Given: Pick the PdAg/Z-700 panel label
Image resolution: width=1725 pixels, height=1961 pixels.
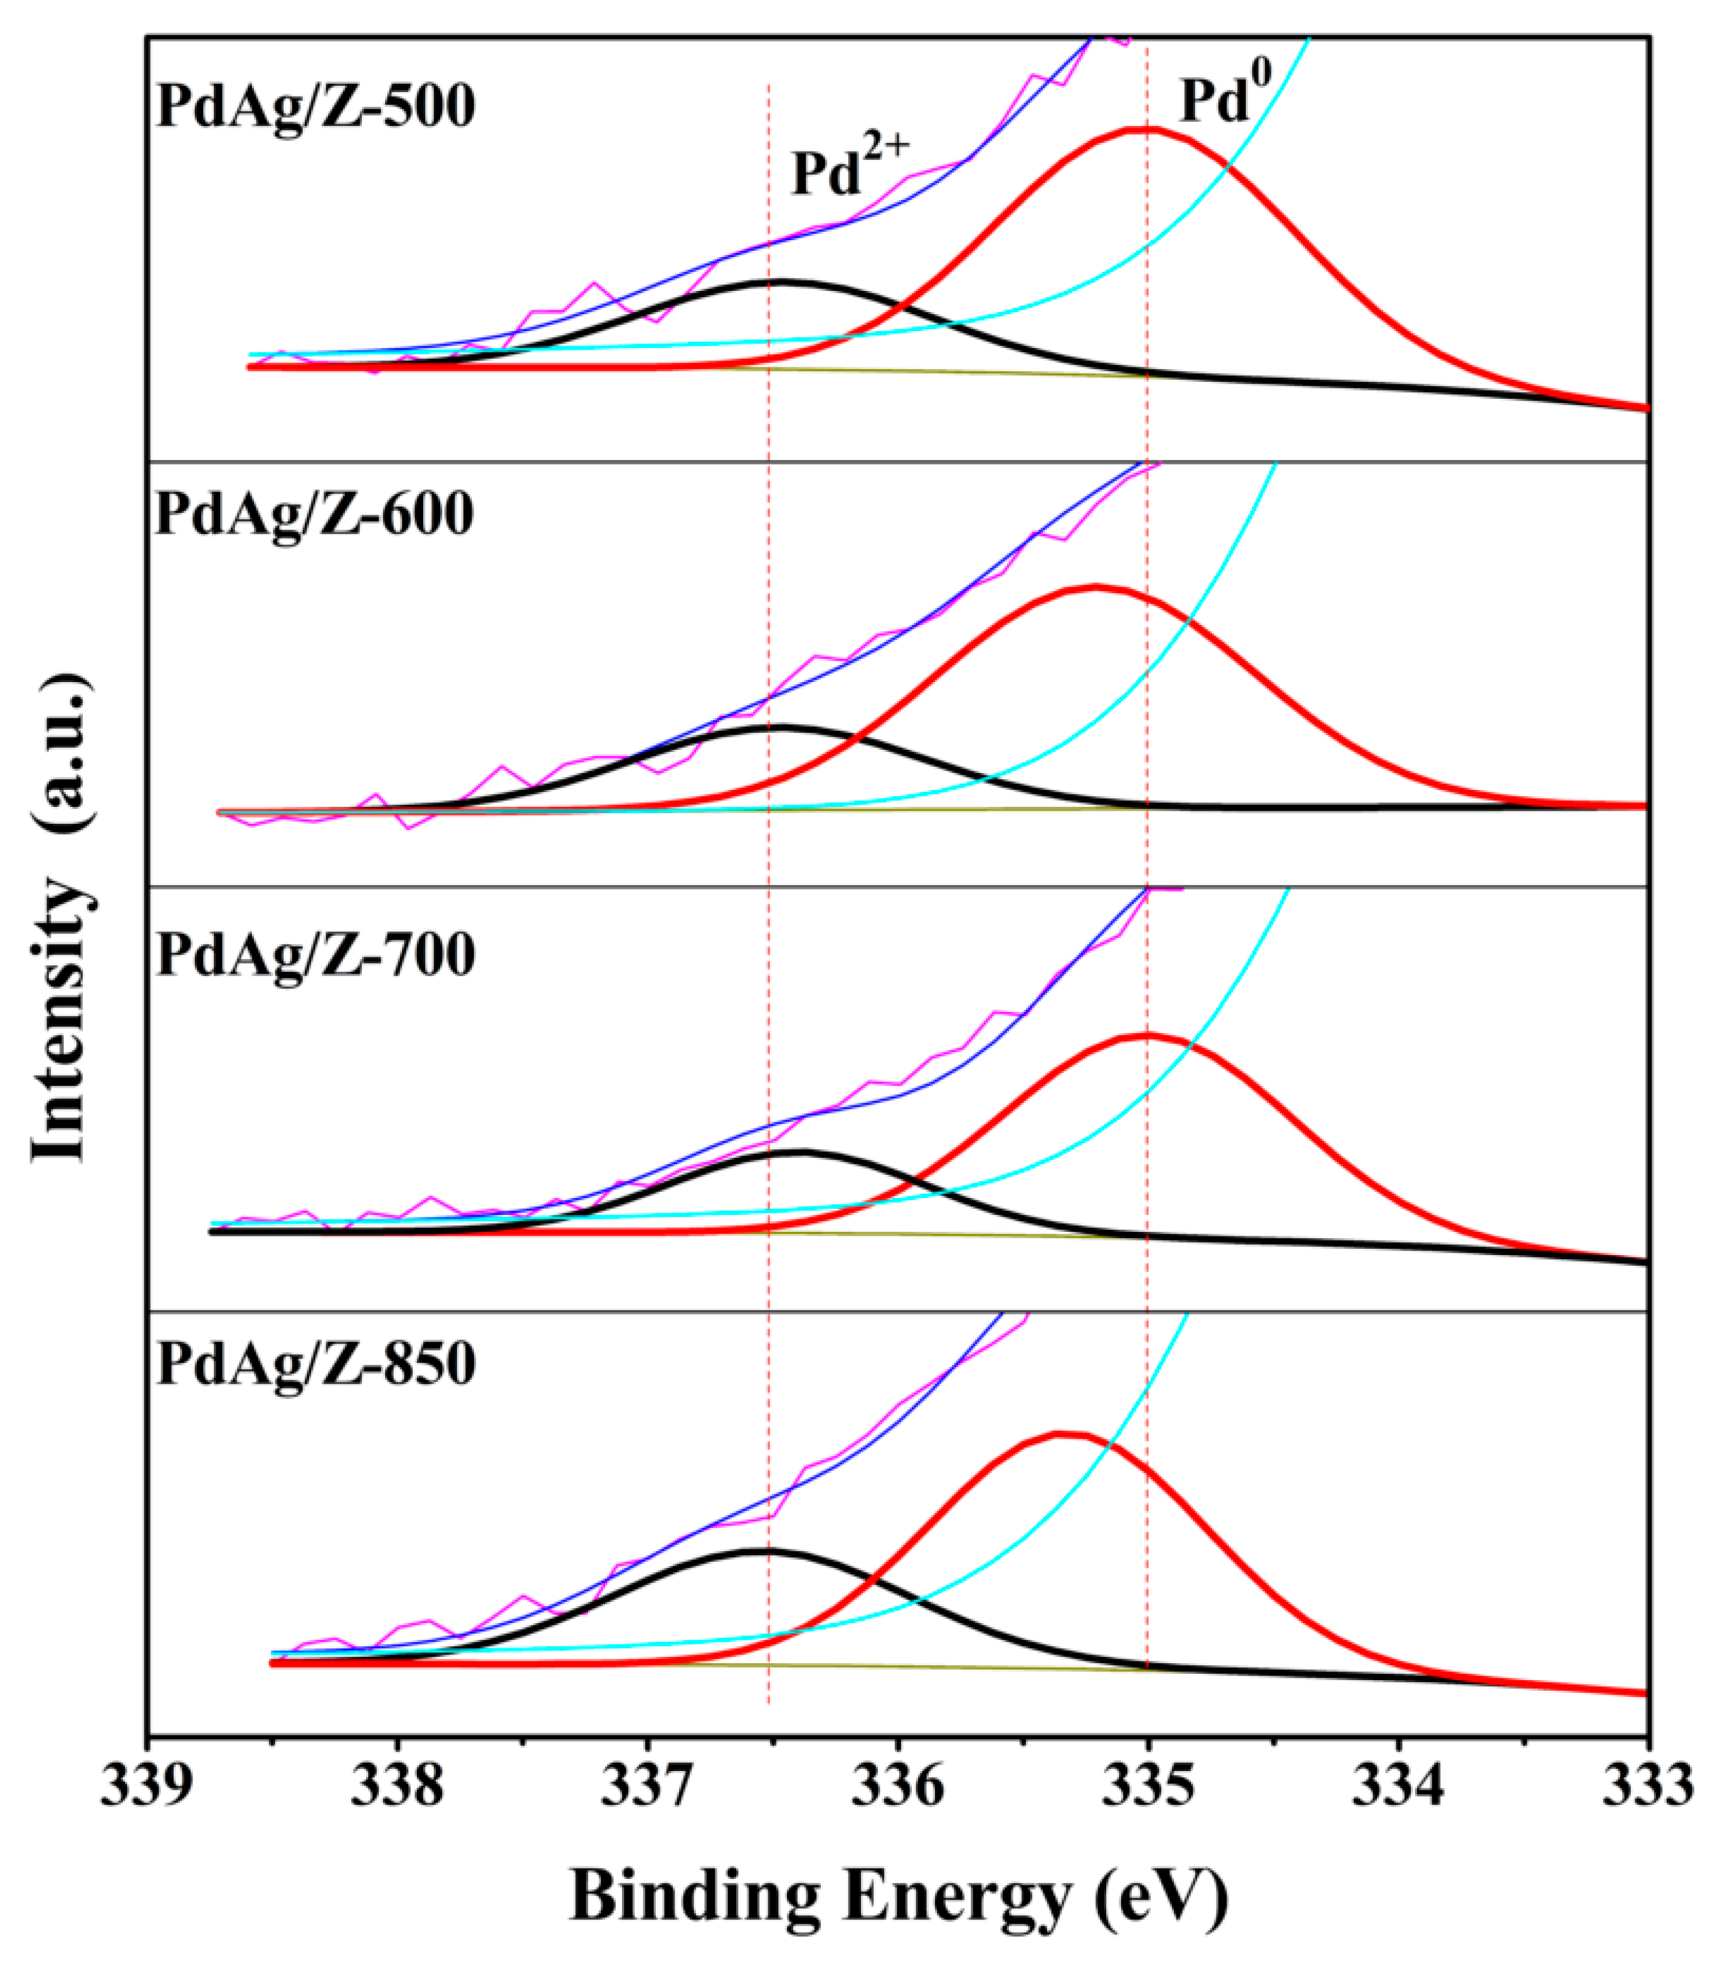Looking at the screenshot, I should tap(315, 955).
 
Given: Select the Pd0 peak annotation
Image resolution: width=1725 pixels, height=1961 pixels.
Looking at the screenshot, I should tap(1216, 100).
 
